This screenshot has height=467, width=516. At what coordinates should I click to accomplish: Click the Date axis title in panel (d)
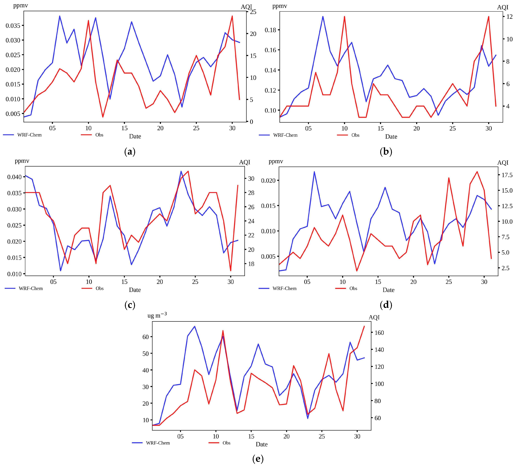click(x=388, y=290)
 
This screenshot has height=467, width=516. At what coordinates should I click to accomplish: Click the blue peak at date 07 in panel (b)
click(x=323, y=16)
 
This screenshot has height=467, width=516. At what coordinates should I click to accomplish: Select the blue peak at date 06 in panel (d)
click(x=314, y=172)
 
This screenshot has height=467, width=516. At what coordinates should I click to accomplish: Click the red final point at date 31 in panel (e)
click(x=364, y=326)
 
